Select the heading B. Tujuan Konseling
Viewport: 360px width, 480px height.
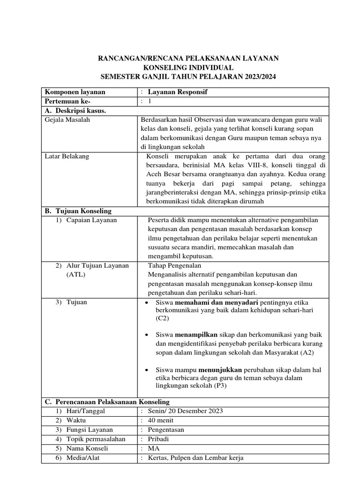[78, 211]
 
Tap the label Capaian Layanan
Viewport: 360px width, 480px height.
[91, 220]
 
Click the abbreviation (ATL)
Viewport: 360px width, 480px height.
[75, 275]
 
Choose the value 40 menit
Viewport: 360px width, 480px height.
[160, 420]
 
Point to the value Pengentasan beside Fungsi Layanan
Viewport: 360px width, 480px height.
[165, 430]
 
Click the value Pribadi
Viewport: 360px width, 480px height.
[159, 439]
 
